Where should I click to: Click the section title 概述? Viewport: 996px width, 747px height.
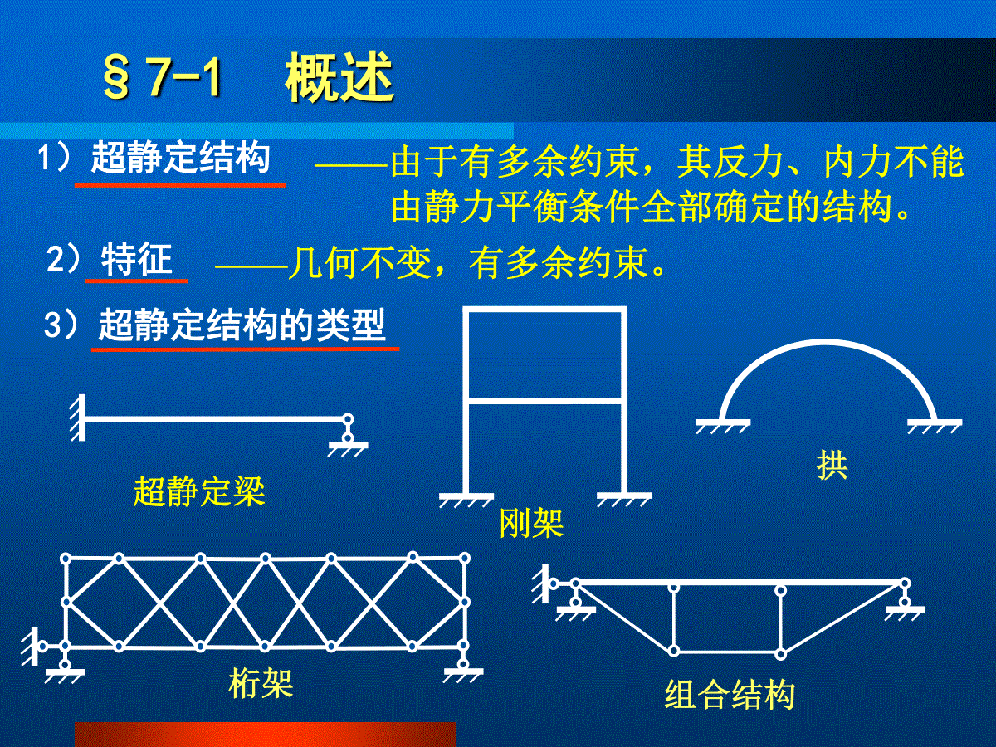[339, 77]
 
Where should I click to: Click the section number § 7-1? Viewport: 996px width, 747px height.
[162, 77]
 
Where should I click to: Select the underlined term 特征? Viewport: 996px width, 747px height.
[137, 259]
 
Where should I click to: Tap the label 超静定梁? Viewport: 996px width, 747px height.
[199, 491]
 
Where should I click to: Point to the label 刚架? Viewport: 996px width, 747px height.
[531, 523]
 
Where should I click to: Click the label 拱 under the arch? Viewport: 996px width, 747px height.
[832, 466]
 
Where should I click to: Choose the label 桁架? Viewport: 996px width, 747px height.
[261, 683]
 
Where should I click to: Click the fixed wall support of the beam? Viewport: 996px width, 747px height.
[78, 417]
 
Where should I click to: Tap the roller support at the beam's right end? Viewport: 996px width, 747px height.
[348, 435]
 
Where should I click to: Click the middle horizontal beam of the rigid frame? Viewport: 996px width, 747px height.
[544, 401]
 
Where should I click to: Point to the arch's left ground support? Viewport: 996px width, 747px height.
[723, 427]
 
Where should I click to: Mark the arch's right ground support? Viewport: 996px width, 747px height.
[935, 427]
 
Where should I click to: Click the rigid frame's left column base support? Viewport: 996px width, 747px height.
[466, 500]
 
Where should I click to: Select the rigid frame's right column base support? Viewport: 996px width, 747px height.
[624, 500]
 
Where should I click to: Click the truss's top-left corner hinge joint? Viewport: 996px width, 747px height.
[66, 559]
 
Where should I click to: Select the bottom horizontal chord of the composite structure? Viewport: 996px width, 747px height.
[727, 652]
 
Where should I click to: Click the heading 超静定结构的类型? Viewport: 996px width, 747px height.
[242, 325]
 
